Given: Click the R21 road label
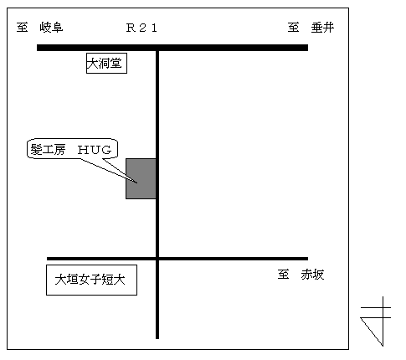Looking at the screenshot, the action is coord(141,28).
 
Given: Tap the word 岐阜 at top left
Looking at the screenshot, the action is coord(51,28).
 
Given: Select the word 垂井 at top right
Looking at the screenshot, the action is coord(322,28).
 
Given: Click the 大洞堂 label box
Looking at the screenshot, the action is coord(106,63).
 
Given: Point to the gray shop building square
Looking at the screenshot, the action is coord(141,178).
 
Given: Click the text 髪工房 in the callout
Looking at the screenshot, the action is coord(48,150).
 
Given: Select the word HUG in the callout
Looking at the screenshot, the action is coord(95,150).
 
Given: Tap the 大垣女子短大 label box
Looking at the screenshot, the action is coord(91,280).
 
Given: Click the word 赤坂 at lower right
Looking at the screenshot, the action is coord(312,275).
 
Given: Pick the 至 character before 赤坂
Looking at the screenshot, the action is coord(283,275).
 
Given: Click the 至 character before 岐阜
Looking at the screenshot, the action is coord(22,28).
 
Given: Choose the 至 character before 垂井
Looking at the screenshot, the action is coord(294,28).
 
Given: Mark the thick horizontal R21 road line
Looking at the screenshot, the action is coord(172,48).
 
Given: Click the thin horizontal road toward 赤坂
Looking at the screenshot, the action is coord(177,259).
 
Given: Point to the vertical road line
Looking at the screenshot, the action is coord(157,194).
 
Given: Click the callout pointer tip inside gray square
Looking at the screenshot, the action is coord(137,183).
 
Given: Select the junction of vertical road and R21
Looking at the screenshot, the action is coord(157,48).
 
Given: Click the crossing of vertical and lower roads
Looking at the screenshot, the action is coord(157,259).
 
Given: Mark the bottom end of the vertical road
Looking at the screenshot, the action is coord(157,338).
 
